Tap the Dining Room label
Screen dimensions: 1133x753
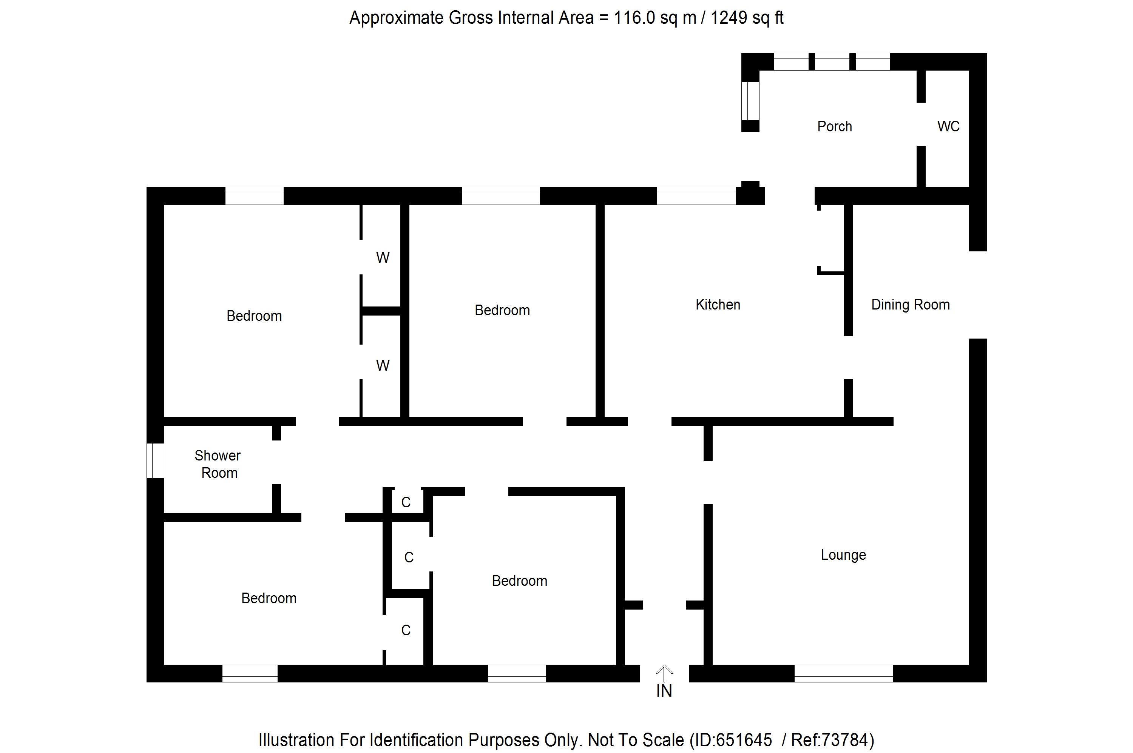(910, 305)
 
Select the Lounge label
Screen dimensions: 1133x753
(843, 555)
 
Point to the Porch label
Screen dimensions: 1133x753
(834, 126)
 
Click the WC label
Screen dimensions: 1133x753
(948, 126)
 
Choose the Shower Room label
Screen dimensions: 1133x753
(218, 464)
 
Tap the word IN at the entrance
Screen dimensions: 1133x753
(664, 691)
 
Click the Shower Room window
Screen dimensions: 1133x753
(155, 460)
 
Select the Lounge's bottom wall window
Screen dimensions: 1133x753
(843, 673)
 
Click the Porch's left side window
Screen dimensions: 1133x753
(750, 100)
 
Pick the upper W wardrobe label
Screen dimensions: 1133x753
(383, 258)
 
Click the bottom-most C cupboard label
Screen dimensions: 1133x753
(406, 630)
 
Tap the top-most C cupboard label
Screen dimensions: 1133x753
(406, 502)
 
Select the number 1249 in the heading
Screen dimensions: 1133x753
(729, 18)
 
